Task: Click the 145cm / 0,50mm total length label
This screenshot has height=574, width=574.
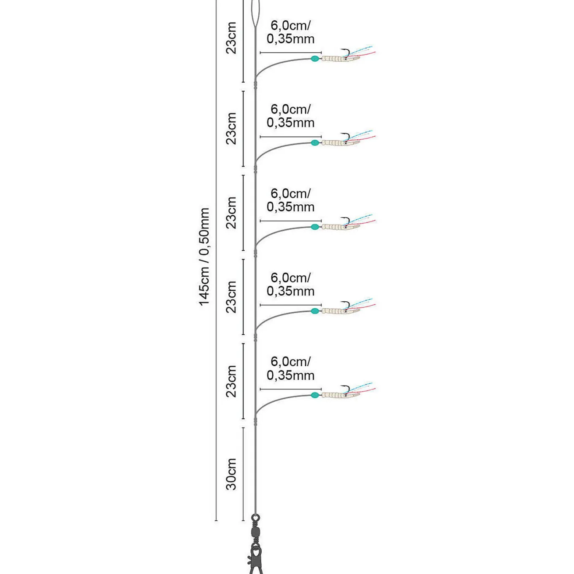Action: (x=204, y=257)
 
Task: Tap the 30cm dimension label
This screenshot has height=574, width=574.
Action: (x=231, y=474)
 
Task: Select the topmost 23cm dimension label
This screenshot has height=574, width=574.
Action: (x=231, y=38)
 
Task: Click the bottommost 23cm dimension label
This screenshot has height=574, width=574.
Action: (x=231, y=381)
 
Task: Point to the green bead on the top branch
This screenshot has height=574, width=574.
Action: (x=315, y=59)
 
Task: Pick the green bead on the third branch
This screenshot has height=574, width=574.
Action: (x=315, y=227)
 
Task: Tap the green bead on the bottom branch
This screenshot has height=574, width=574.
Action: (x=315, y=395)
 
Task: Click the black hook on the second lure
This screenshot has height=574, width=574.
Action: (x=346, y=138)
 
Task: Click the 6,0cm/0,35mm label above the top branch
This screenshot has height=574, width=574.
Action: (x=290, y=32)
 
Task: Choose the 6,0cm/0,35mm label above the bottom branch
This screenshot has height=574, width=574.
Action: (x=290, y=368)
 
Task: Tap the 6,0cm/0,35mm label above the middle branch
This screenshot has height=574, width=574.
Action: (x=290, y=200)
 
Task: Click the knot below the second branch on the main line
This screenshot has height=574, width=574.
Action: (x=256, y=170)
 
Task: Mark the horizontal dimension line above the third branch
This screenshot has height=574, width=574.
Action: (x=290, y=221)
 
